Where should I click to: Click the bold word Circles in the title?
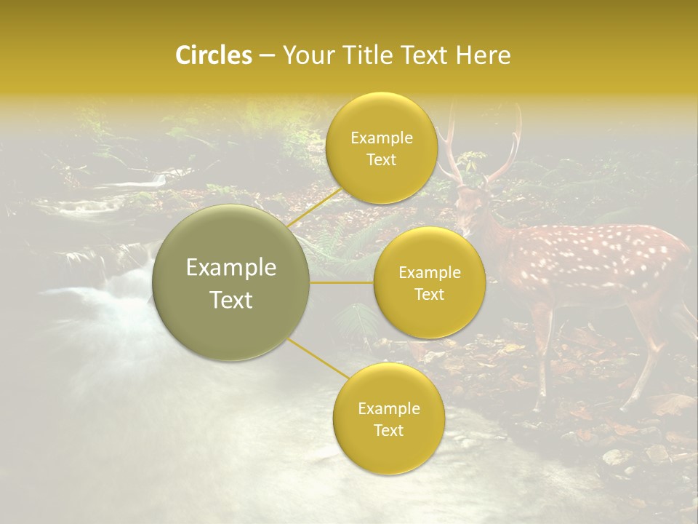[214, 55]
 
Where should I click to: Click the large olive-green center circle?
[230, 283]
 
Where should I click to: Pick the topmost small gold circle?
[381, 148]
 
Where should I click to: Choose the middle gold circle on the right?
[429, 283]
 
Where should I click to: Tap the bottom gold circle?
[388, 419]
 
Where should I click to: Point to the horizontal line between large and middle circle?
[341, 282]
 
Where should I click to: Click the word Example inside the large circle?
[230, 268]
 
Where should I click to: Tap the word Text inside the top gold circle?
[381, 160]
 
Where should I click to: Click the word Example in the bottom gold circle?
[388, 409]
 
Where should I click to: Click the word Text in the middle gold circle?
[429, 295]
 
